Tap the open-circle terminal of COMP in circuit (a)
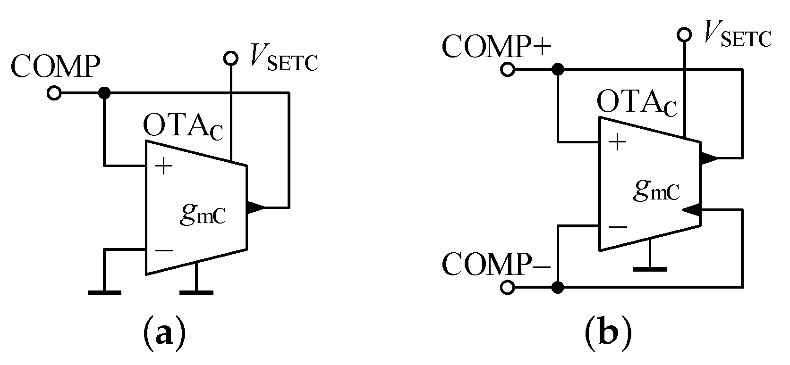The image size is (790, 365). pos(54,93)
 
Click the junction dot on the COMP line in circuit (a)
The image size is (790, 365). pos(104,93)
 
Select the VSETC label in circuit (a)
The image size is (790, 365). pos(284,61)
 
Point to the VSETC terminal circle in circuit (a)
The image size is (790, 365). pos(231,58)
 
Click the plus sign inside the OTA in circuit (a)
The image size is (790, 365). pos(163,166)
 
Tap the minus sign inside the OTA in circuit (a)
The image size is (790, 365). pos(163,250)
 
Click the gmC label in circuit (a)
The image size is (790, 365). pos(203,215)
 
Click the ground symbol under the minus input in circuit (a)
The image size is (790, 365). pos(104,292)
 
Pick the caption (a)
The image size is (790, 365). pos(163,336)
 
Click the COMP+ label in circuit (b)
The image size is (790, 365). pos(497,46)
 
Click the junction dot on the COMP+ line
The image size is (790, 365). pos(558,70)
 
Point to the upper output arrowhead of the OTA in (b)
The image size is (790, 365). pos(708,158)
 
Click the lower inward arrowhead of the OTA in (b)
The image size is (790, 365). pos(691,210)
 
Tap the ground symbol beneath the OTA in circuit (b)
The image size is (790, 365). pos(650,269)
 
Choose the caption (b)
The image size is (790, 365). pos(608,336)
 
